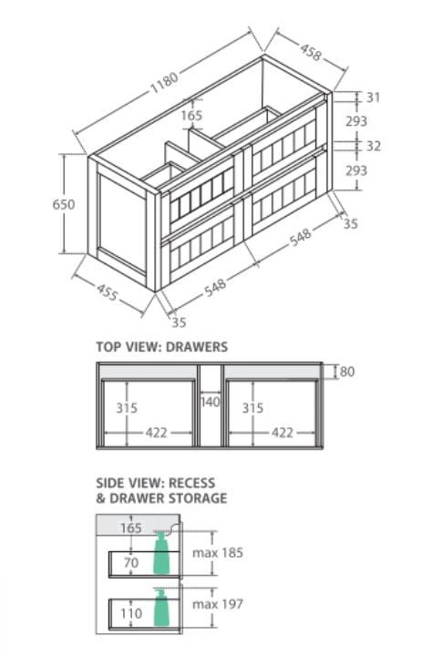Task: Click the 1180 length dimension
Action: click(165, 82)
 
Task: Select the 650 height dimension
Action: click(64, 204)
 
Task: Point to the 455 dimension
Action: click(108, 292)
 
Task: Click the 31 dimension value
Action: click(374, 97)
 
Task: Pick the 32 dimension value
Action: click(374, 146)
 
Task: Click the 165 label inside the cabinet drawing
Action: click(191, 116)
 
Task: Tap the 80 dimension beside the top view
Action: click(347, 372)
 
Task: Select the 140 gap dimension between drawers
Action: click(211, 402)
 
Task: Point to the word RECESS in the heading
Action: click(191, 483)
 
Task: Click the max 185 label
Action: click(218, 553)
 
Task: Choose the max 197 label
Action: click(218, 604)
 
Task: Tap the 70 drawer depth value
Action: click(131, 563)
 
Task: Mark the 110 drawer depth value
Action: click(131, 614)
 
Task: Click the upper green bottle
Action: click(162, 553)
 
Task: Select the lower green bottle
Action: click(161, 608)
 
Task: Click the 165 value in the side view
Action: click(131, 528)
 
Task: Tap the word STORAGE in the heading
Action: click(198, 498)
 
